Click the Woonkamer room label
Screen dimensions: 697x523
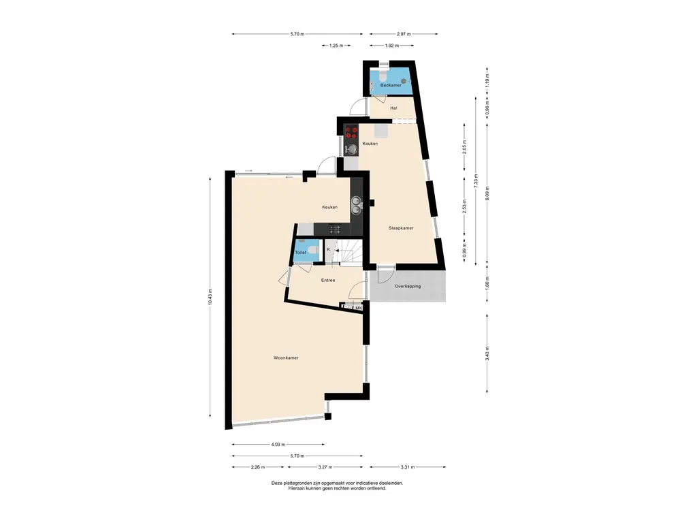[x=286, y=358]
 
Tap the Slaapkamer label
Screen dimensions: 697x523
[x=401, y=228]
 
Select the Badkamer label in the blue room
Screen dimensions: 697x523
[x=391, y=85]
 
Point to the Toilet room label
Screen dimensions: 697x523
[x=300, y=253]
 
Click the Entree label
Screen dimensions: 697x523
[x=328, y=280]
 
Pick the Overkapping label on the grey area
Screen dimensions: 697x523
[x=408, y=287]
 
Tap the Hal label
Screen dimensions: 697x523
[x=393, y=108]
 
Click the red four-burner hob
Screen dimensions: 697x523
[x=352, y=132]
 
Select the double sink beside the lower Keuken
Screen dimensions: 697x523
[x=356, y=205]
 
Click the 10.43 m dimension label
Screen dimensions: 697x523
[x=210, y=297]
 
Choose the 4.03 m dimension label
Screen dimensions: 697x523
[x=278, y=444]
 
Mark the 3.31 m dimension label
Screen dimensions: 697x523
[x=407, y=467]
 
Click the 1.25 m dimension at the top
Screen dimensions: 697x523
[x=336, y=46]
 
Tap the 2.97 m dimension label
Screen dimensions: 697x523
[x=404, y=34]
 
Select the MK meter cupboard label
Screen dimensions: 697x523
[x=358, y=308]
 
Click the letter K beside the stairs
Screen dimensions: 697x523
[x=329, y=249]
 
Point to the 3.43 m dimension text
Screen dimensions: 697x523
[x=487, y=353]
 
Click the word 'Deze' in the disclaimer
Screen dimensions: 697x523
[x=276, y=483]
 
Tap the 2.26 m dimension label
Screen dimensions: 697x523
[x=257, y=467]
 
